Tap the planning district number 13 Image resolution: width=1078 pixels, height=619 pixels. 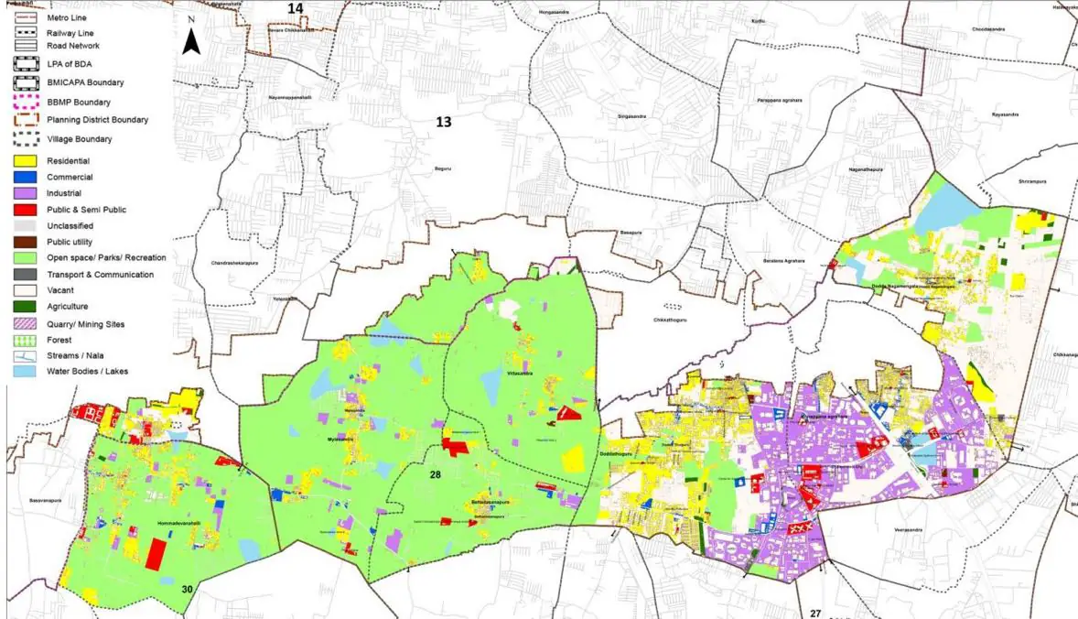[444, 122]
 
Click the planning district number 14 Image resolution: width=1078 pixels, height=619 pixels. [295, 8]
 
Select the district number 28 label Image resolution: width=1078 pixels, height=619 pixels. [435, 475]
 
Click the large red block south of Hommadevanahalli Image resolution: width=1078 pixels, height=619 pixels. [157, 556]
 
